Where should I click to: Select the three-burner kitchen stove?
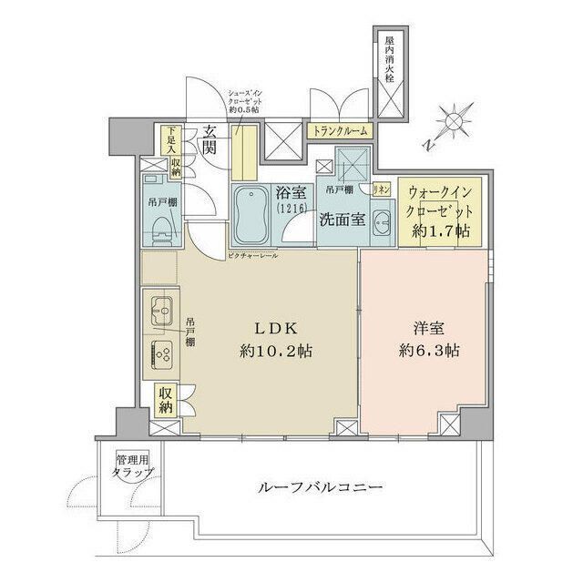coord(164,354)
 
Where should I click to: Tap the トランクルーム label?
coord(341,131)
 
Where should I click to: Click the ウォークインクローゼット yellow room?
coord(438,211)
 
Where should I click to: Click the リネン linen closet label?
coord(383,189)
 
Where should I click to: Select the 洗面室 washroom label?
coord(342,220)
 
